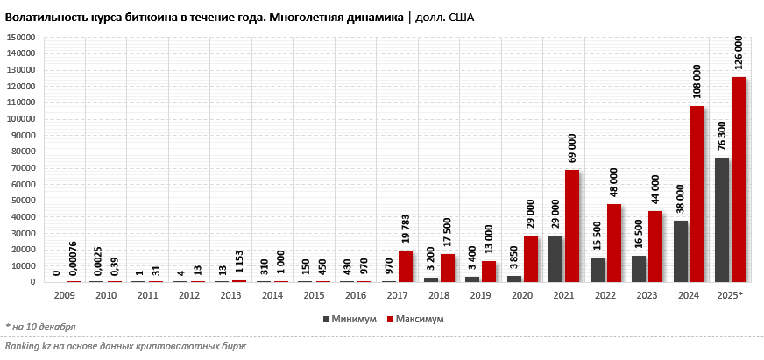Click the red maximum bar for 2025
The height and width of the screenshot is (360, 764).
(x=739, y=180)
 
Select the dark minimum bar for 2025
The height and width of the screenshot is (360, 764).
(x=722, y=220)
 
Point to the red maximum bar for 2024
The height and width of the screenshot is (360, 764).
(x=697, y=194)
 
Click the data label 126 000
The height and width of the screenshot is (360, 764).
(x=739, y=53)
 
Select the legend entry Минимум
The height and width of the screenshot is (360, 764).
(x=350, y=320)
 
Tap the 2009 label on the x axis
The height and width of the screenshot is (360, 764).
(x=64, y=295)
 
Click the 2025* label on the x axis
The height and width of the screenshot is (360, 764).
(x=730, y=295)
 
